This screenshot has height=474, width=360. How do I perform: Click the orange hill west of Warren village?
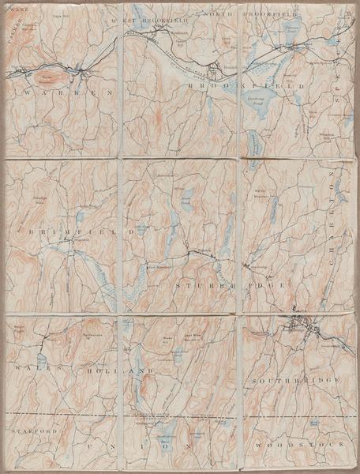click(x=47, y=76)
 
